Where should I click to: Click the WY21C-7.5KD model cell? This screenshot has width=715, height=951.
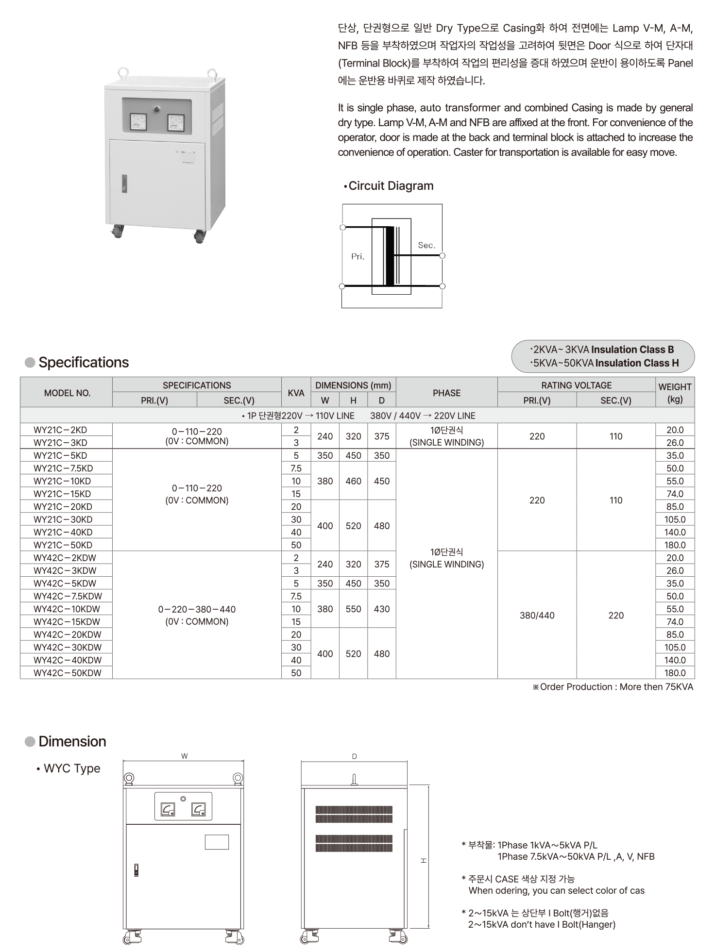(x=63, y=468)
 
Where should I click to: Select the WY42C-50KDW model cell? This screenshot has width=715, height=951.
(x=68, y=673)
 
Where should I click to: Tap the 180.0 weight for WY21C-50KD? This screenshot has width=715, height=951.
(x=675, y=545)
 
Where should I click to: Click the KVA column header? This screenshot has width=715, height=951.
(x=296, y=393)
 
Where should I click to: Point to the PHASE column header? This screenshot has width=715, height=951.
(x=446, y=393)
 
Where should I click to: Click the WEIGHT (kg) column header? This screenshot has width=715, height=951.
(x=675, y=393)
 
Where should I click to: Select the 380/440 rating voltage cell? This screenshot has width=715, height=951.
(x=537, y=616)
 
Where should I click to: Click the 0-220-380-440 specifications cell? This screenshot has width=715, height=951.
(x=197, y=615)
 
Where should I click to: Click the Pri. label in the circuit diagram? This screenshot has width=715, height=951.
(x=357, y=257)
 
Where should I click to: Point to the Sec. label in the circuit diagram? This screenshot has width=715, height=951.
(x=426, y=246)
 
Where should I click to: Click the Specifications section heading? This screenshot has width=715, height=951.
(x=84, y=363)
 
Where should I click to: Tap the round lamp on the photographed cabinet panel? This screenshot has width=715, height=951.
(x=157, y=109)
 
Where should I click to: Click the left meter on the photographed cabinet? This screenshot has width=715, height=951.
(x=138, y=122)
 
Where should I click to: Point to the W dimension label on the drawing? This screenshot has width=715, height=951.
(x=184, y=756)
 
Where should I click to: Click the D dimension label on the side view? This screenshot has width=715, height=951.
(x=354, y=756)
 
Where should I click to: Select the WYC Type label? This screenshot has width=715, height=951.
(x=72, y=768)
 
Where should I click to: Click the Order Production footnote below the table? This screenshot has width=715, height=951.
(x=613, y=687)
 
